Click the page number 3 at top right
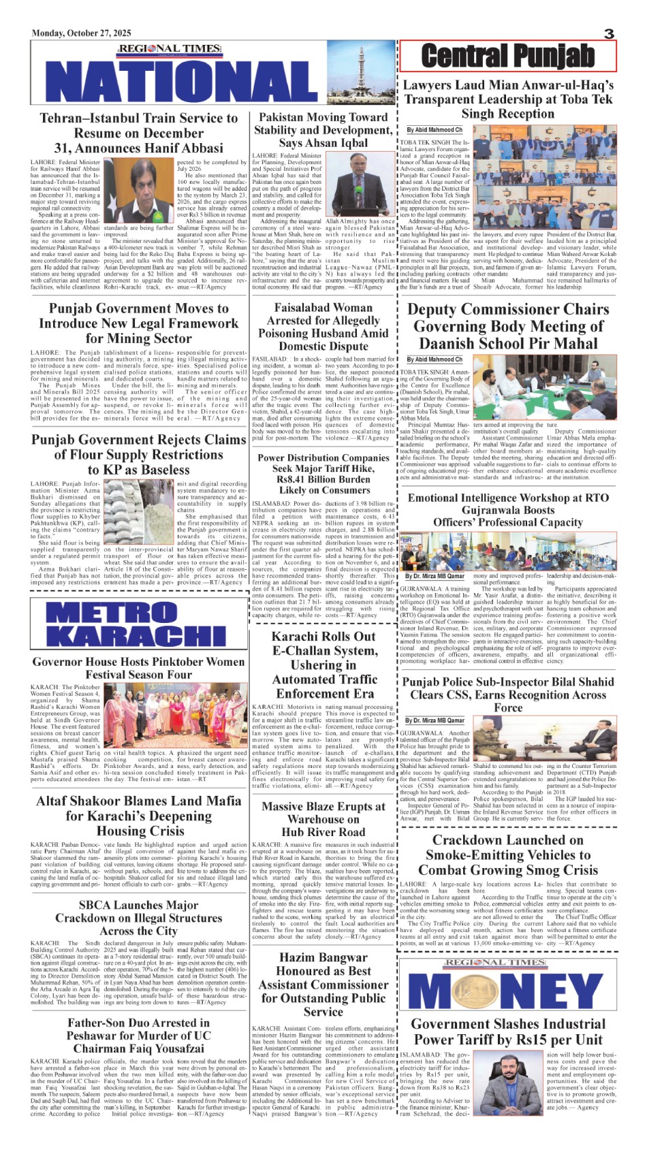coord(609,33)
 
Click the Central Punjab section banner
coord(507,56)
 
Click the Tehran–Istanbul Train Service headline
coord(139,133)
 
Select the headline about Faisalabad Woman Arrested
coord(323,327)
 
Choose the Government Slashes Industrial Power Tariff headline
coord(507,1031)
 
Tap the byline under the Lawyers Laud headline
coord(435,129)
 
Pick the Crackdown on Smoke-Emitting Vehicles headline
coord(507,855)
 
